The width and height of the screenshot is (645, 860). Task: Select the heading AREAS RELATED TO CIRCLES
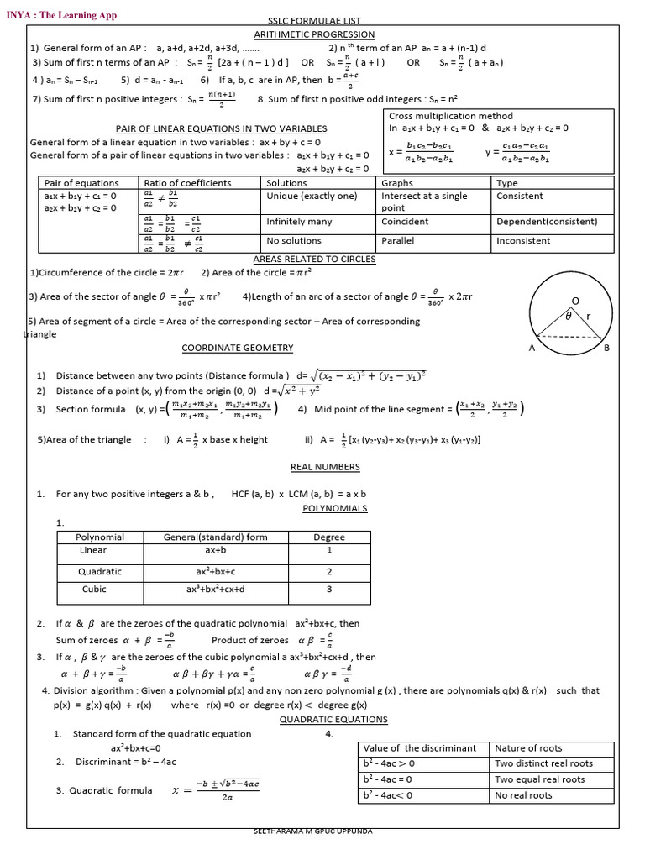(314, 260)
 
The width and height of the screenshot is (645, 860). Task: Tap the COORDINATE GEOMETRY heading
(238, 348)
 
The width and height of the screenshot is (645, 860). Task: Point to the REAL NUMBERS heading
(325, 467)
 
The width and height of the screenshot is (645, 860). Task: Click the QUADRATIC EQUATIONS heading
(333, 720)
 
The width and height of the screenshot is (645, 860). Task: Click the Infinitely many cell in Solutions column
(300, 222)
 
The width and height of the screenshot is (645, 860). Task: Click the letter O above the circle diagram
(575, 300)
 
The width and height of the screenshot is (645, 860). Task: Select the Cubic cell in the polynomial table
(94, 590)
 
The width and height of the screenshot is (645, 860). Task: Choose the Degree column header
(329, 537)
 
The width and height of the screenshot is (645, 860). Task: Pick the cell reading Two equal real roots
(540, 779)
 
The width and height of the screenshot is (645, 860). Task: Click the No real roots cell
(524, 795)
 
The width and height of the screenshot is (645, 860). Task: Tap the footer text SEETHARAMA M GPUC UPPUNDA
(312, 831)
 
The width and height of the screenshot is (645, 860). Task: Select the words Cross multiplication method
(450, 116)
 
